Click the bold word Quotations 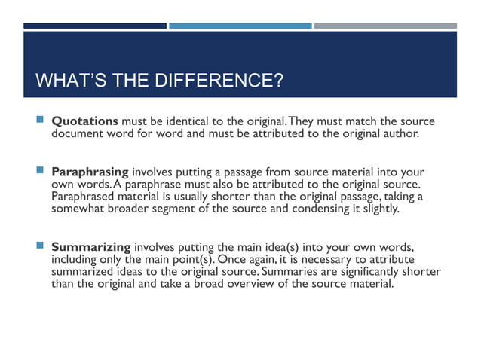84,121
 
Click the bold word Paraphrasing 90,171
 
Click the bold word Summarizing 91,247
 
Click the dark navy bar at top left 94,26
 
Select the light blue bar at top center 240,26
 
